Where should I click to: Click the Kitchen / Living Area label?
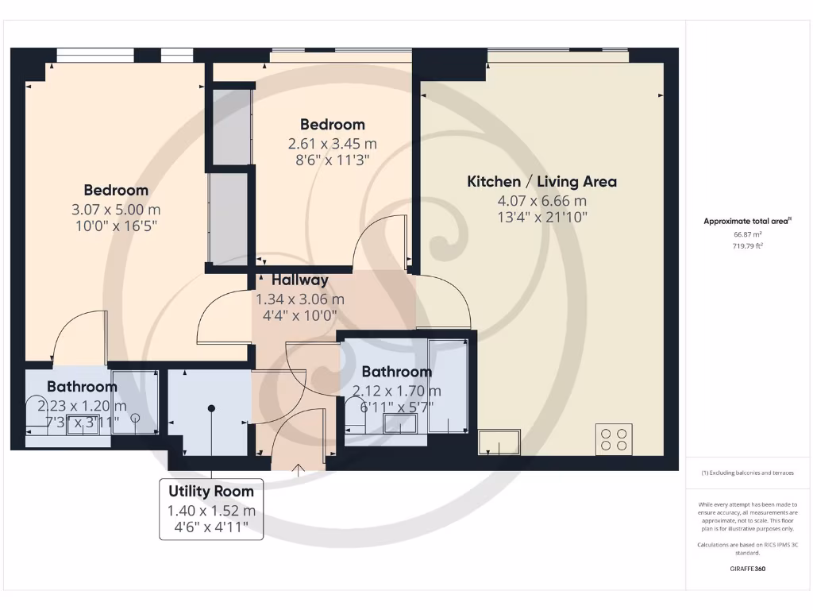click(x=541, y=182)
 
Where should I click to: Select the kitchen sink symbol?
click(x=499, y=442)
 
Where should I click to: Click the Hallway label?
click(x=299, y=280)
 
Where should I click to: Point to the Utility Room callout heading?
click(x=211, y=492)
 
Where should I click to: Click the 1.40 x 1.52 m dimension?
click(x=211, y=511)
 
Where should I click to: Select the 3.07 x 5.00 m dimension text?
click(x=116, y=210)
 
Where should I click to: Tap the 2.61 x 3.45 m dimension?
click(x=332, y=144)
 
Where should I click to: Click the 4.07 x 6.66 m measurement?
click(x=541, y=201)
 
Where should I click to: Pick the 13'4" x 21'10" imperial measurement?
click(x=541, y=218)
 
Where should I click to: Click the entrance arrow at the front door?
click(x=299, y=470)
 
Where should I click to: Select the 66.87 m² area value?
click(x=747, y=235)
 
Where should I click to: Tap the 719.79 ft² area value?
click(x=747, y=246)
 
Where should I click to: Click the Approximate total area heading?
click(x=747, y=222)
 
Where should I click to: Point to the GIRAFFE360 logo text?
click(x=747, y=569)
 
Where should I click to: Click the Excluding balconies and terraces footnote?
click(x=747, y=473)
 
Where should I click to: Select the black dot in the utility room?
click(x=211, y=408)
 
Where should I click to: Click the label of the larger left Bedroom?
click(x=116, y=191)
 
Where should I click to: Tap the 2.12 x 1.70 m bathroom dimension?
click(x=396, y=391)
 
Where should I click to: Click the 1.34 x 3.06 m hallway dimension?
click(x=299, y=299)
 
